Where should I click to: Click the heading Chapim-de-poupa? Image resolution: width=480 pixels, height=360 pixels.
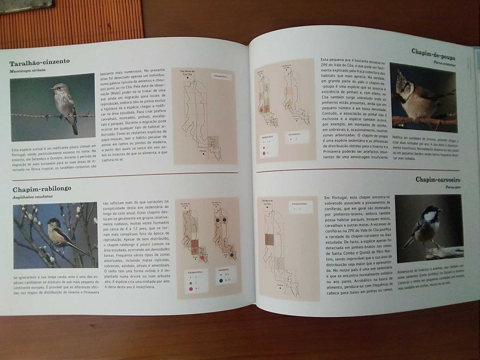click(x=433, y=50)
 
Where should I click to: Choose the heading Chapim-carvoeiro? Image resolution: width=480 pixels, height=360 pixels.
click(x=438, y=179)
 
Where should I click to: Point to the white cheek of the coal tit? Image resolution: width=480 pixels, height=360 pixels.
click(x=428, y=217)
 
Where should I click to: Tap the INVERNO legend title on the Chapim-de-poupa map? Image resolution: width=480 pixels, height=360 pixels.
click(x=294, y=136)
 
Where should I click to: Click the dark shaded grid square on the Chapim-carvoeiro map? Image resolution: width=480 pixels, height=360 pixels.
click(x=270, y=239)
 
